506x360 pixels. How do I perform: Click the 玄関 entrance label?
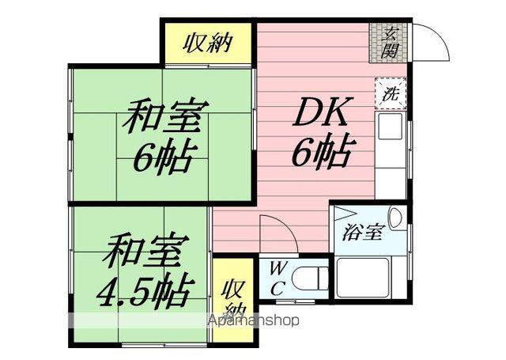coord(390,42)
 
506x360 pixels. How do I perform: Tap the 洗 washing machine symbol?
coord(390,92)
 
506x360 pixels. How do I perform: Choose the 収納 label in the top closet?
coord(209,43)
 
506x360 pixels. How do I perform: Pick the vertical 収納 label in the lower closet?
coord(232,297)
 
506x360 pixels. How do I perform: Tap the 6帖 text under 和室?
coord(163,159)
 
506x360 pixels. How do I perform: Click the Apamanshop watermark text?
coord(252,321)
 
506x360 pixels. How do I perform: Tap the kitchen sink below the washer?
coord(390,126)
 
